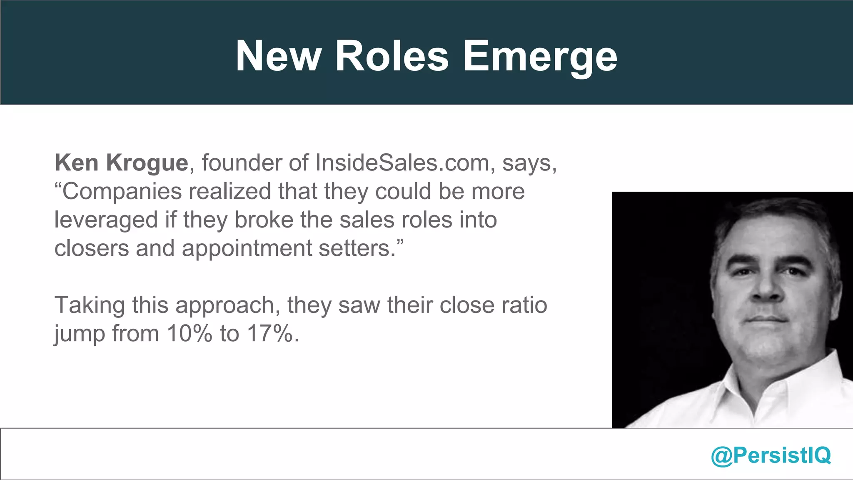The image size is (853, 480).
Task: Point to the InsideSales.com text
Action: [x=402, y=162]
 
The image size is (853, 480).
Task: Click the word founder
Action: [x=242, y=162]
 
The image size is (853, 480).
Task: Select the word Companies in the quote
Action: [x=122, y=192]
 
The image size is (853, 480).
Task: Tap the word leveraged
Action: [x=106, y=220]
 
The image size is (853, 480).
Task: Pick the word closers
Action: [x=92, y=248]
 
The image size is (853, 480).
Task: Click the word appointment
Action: [x=247, y=249]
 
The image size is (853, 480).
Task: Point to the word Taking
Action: [x=90, y=306]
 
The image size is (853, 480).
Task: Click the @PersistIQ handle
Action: [x=771, y=455]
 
